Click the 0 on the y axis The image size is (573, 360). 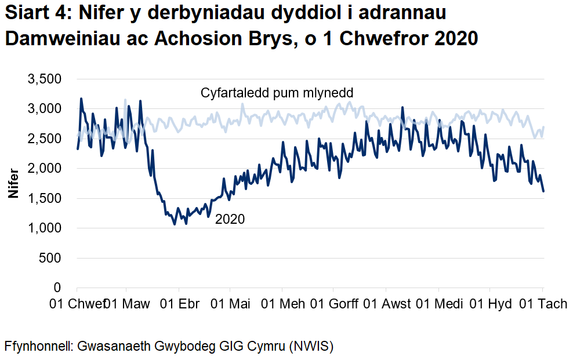click(57, 288)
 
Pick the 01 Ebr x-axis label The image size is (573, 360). click(179, 304)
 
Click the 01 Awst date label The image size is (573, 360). click(388, 304)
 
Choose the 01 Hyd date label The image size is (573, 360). click(489, 304)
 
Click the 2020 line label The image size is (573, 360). click(230, 219)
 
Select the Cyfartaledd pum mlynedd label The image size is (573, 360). click(277, 93)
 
